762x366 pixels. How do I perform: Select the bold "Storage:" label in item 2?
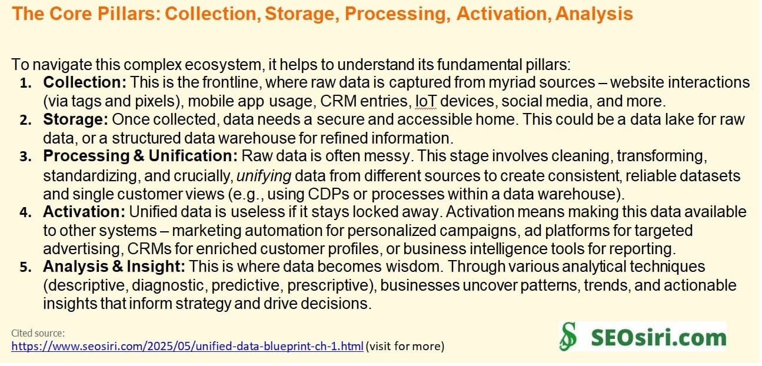click(75, 120)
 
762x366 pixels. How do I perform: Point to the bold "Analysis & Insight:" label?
click(114, 267)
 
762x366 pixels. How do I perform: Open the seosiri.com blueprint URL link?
click(187, 346)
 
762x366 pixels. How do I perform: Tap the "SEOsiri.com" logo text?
click(658, 338)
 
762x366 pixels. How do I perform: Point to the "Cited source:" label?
click(38, 334)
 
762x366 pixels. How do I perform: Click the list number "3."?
click(26, 158)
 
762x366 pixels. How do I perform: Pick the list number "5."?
click(26, 267)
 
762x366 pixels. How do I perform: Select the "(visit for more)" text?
click(405, 346)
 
